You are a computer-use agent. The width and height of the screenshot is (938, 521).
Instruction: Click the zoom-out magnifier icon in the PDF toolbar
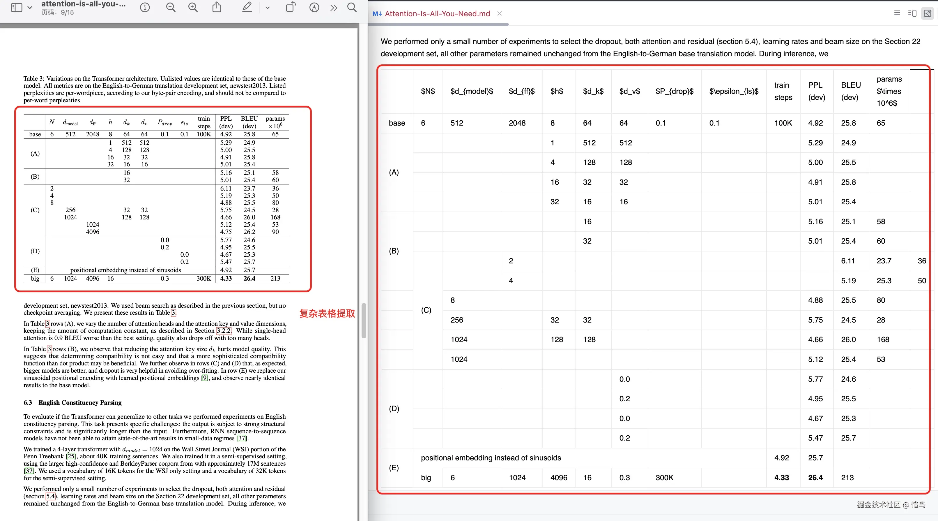(x=170, y=7)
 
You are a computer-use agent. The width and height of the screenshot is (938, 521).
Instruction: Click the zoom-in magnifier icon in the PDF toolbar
(x=193, y=7)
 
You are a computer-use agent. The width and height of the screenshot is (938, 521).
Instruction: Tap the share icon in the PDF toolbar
(x=217, y=7)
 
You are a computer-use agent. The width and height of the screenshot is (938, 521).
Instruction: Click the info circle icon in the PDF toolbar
(x=145, y=7)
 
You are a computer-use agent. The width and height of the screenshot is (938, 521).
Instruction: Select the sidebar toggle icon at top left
(x=17, y=7)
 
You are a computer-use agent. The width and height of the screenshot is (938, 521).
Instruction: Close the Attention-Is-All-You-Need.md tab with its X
(x=500, y=13)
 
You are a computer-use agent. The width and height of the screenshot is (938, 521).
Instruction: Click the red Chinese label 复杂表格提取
(x=327, y=313)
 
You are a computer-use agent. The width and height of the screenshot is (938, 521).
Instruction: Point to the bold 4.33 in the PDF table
(x=226, y=278)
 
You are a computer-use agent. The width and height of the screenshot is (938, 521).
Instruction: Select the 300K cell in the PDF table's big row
(x=203, y=278)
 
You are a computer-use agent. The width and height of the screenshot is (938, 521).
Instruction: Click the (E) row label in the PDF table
(x=35, y=270)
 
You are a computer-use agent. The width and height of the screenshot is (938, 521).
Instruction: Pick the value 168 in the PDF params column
(x=275, y=217)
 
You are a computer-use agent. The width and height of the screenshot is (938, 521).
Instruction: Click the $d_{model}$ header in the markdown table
(x=472, y=91)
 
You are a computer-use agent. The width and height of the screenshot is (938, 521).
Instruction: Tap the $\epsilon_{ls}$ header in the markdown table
(x=733, y=91)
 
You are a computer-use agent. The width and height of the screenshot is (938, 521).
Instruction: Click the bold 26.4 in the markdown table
(x=815, y=478)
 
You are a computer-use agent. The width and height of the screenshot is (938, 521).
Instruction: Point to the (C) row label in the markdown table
(x=426, y=310)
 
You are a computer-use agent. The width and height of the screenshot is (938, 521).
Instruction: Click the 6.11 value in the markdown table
(x=848, y=261)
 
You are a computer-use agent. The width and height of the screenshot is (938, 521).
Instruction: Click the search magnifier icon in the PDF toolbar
(x=352, y=7)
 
